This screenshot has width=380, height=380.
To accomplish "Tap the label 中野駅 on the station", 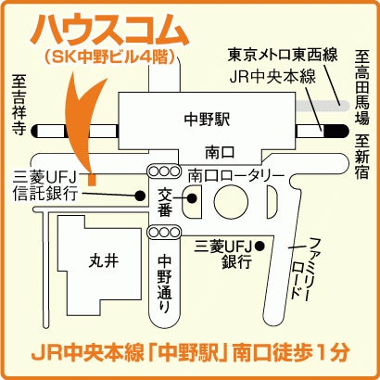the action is [x=207, y=120].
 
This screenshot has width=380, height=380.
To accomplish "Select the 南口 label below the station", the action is [x=220, y=152].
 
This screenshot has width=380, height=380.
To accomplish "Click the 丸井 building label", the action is [x=104, y=261].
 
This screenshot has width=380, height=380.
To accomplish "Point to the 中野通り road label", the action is [x=164, y=285].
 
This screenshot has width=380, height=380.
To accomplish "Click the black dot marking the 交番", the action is [x=192, y=198].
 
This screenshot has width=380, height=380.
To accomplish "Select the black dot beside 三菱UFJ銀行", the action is [x=259, y=246].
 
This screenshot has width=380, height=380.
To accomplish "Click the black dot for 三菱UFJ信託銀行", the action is [x=140, y=196].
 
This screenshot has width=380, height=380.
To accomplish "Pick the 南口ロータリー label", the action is [x=236, y=176].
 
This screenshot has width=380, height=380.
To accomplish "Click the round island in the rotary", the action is [x=231, y=202].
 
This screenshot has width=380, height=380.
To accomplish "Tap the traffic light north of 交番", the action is [x=164, y=171].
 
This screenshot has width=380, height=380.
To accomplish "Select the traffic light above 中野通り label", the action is [x=164, y=232].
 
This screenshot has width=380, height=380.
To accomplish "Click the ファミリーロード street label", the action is [x=300, y=268].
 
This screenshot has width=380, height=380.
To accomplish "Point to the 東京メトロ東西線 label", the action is [x=283, y=56].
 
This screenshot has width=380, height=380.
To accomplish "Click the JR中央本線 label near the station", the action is [x=272, y=76].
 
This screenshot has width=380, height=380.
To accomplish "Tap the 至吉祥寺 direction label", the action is [x=19, y=105].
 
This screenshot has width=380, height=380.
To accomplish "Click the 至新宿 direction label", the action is [x=361, y=157].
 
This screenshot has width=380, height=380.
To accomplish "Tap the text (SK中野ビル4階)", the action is [x=109, y=57].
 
